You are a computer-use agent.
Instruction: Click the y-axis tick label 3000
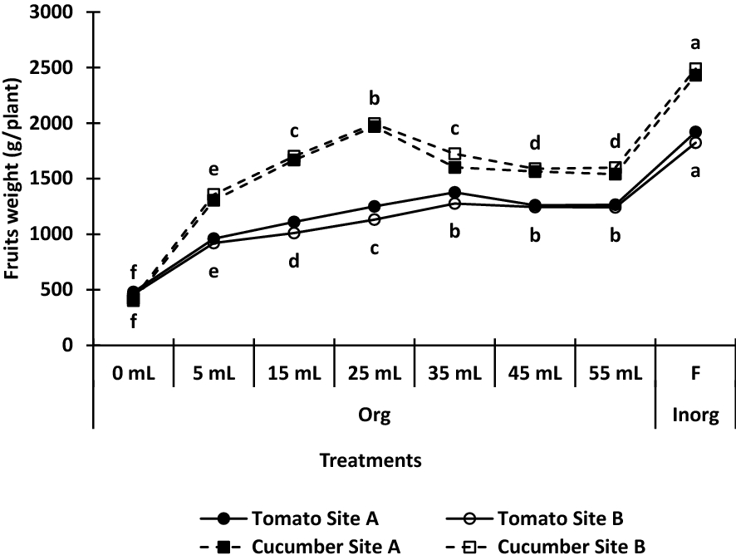(52, 13)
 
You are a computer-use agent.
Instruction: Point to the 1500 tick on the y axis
(52, 179)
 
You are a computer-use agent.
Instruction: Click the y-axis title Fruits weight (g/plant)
(15, 179)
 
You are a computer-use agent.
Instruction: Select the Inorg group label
(695, 416)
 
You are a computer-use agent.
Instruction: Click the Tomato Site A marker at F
(695, 132)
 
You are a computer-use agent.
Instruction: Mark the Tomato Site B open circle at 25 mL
(374, 219)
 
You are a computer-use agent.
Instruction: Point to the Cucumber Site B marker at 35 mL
(454, 155)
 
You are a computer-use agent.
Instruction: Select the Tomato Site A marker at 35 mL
(454, 193)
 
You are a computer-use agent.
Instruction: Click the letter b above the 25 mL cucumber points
(374, 99)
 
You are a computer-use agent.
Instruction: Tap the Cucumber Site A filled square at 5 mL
(213, 200)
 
